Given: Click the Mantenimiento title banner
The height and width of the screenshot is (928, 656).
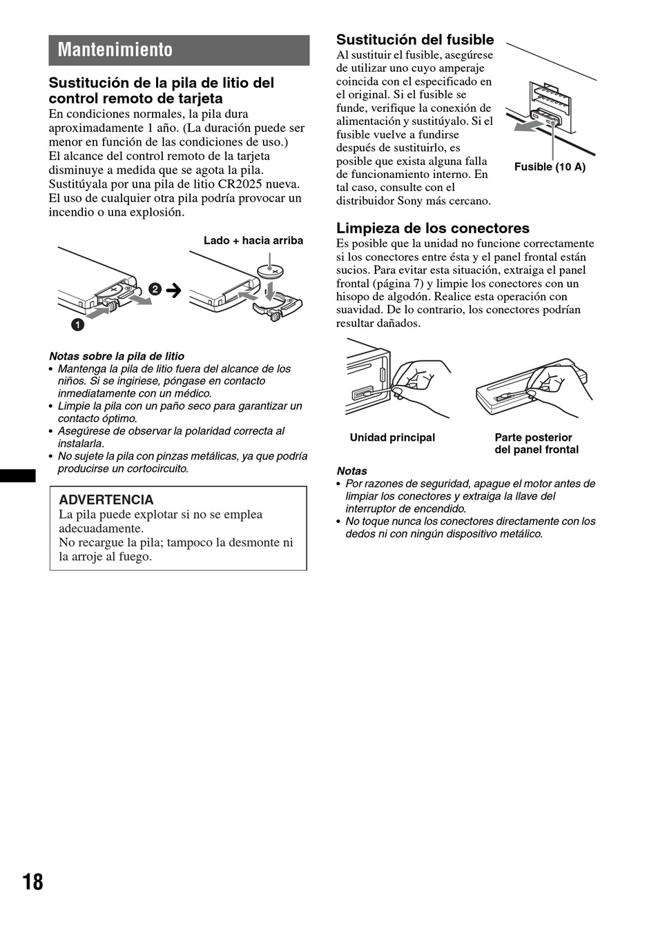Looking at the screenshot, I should click(179, 50).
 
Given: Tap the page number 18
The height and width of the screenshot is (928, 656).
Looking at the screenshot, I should click(32, 882).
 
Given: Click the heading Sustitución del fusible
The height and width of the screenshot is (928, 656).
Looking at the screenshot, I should click(415, 40).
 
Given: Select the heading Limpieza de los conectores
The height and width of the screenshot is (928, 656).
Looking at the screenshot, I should click(432, 228).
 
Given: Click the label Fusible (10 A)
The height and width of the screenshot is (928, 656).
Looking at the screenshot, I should click(550, 167).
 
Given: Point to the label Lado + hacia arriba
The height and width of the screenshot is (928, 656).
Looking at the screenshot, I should click(253, 241).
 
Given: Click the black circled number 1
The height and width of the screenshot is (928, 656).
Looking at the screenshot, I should click(77, 324).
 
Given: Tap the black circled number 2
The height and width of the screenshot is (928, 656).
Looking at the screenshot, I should click(155, 289).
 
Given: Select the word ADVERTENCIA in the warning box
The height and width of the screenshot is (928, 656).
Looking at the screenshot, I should click(106, 500).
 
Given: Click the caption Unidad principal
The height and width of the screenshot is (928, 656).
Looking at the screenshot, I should click(392, 437).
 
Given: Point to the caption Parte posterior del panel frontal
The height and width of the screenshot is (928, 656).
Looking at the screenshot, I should click(536, 444).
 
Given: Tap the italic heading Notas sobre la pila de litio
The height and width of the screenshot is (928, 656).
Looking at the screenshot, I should click(117, 357).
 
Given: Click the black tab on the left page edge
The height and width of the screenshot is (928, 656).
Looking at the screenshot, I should click(18, 475).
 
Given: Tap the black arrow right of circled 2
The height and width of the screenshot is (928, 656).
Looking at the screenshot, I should click(173, 290).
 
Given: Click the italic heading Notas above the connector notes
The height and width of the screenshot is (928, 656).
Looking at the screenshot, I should click(351, 471).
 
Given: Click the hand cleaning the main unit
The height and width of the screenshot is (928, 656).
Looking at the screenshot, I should click(421, 379).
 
